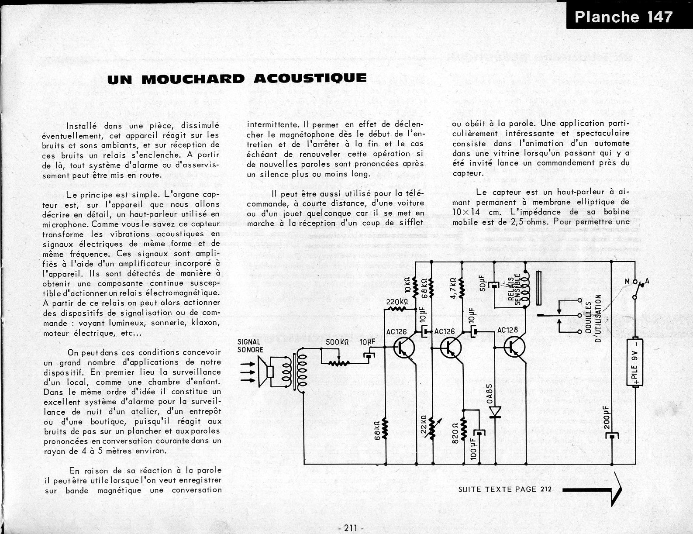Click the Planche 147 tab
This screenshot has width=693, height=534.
624,17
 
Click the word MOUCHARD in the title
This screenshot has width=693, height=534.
193,79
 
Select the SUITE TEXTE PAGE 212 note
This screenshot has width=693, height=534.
504,489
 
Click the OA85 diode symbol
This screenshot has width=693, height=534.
495,411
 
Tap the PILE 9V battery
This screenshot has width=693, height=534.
634,362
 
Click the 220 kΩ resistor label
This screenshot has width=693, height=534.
397,302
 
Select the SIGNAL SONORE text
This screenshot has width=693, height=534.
250,346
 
